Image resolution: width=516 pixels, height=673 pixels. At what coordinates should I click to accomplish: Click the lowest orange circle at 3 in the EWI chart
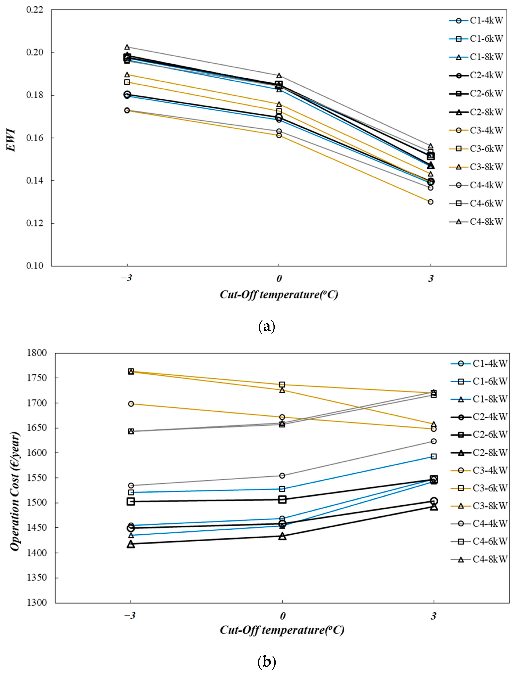431,202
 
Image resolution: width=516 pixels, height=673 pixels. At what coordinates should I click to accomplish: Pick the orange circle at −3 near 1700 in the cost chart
131,404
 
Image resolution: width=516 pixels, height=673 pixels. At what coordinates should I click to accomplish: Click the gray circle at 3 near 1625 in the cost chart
434,441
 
